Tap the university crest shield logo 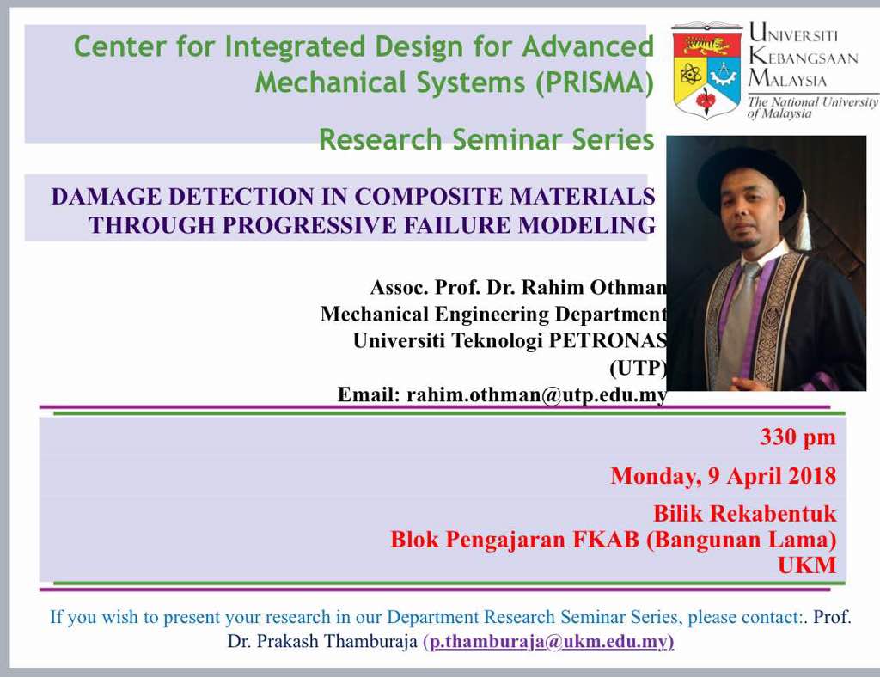click(x=706, y=72)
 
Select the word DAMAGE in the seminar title click(x=106, y=197)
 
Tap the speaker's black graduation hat click(x=749, y=176)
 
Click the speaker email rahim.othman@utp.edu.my click(x=537, y=394)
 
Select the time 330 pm click(x=798, y=437)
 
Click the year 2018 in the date click(x=812, y=476)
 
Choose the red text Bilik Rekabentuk click(x=745, y=513)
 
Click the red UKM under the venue click(x=807, y=565)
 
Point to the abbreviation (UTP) click(x=639, y=368)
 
